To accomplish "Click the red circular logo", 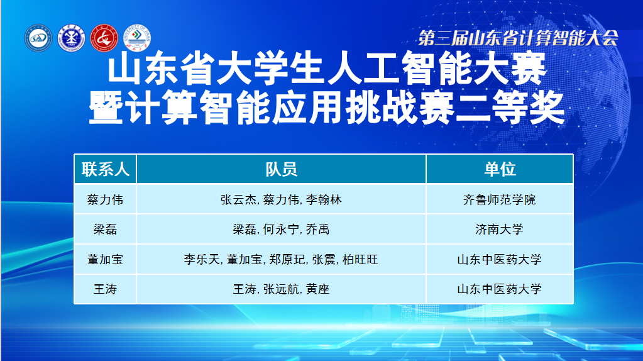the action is (x=104, y=38).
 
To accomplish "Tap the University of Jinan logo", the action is (x=137, y=38).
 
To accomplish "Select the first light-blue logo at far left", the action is (x=38, y=38).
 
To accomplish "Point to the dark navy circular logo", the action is (x=72, y=38).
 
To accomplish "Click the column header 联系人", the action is (x=106, y=169).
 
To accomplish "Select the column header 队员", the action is (x=281, y=169).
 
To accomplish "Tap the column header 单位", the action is (x=500, y=169).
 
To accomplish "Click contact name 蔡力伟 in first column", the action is (x=106, y=200).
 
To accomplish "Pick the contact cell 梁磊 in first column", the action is (x=106, y=230).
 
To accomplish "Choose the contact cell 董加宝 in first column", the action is (x=106, y=259).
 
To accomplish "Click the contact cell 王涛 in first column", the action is (x=106, y=289).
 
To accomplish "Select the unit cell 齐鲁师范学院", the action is (x=500, y=200).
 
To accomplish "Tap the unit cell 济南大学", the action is (x=500, y=230).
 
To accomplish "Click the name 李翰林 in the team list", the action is (x=324, y=200).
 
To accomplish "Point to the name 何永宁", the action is (x=281, y=230).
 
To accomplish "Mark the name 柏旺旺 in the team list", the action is (x=360, y=259).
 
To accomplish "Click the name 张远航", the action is (x=281, y=289).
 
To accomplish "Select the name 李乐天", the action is (x=202, y=259).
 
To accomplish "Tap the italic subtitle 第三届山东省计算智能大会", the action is (x=518, y=38).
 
